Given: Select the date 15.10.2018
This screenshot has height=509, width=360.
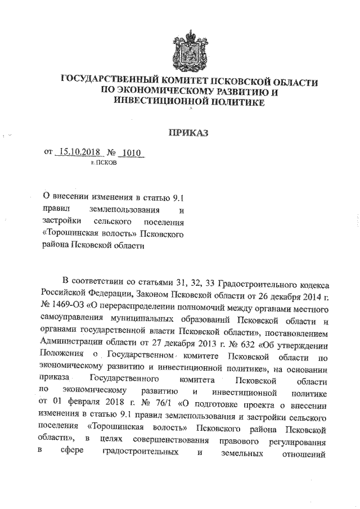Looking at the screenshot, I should (79, 152).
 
